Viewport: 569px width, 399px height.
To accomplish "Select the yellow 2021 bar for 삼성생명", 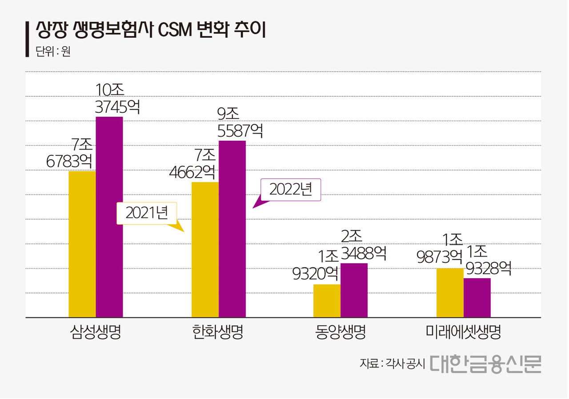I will coord(82,244).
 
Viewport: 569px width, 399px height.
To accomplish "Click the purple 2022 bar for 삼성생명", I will coord(109,217).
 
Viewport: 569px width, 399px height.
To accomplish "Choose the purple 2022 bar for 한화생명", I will coord(232,229).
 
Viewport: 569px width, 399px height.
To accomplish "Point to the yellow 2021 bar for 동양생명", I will coord(327,301).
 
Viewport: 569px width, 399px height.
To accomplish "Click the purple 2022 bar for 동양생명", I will coord(354,290).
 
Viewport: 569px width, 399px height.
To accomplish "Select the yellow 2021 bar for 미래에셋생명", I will coord(450,293).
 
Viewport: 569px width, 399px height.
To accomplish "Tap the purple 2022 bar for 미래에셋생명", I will coord(477,298).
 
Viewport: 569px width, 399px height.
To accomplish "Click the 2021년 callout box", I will coord(147,213).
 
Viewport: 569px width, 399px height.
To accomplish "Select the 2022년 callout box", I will coord(291,190).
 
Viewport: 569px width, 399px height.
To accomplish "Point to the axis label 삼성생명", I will coord(96,332).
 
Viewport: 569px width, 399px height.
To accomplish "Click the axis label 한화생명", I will coord(218,332).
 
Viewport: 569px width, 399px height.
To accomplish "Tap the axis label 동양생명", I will coord(341,332).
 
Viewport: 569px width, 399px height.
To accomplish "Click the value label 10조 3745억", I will coord(117,99).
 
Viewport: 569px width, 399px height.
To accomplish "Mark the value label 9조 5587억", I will coord(240,122).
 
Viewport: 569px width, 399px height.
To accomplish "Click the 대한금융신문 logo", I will coord(485,364).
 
